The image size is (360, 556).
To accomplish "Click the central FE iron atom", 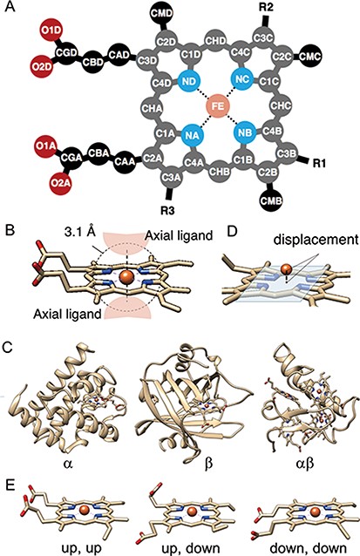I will tap(219, 109).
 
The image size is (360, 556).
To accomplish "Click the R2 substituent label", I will tap(291, 10).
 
